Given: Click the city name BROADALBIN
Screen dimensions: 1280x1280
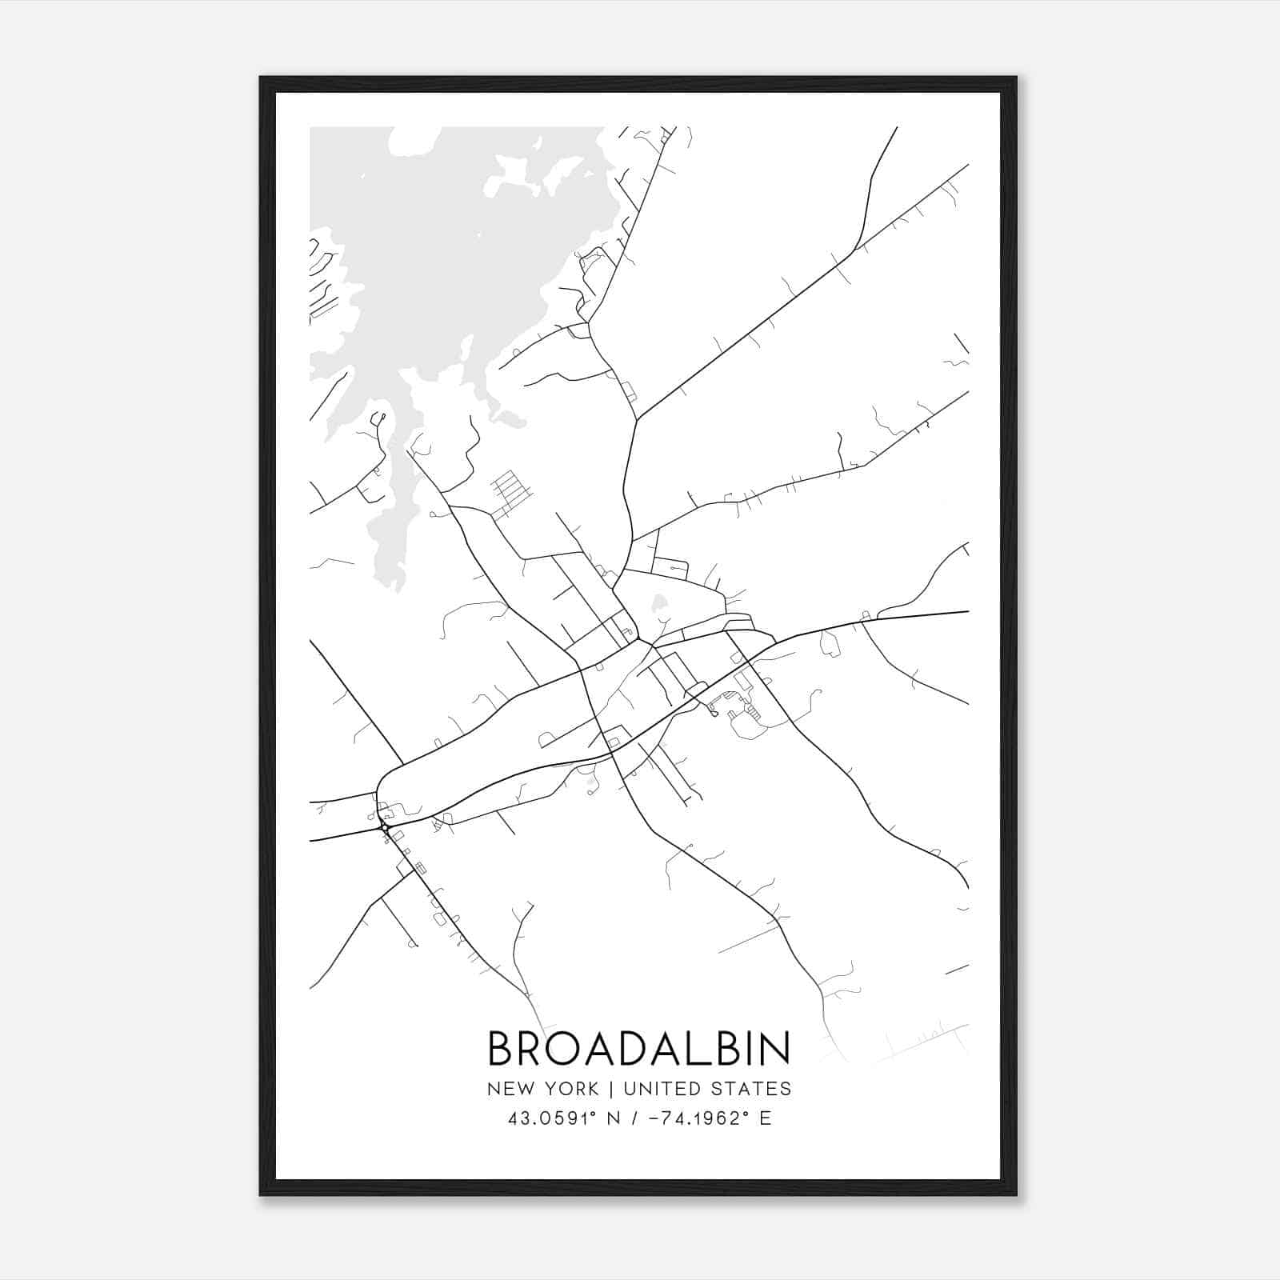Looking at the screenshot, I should click(x=638, y=1049).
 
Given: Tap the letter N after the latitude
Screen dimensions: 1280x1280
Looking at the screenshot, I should click(x=615, y=1118).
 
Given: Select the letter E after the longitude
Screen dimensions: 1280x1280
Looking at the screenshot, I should click(x=766, y=1118).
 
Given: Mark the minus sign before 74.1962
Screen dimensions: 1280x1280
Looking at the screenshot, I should click(x=653, y=1118).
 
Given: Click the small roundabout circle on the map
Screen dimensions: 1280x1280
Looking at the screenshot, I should click(x=385, y=828).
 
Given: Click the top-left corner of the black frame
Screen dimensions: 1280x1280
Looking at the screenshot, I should click(x=261, y=78).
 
